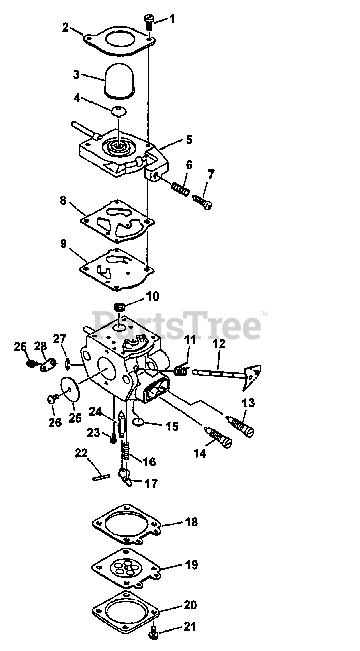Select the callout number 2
[65, 27]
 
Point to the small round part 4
[119, 110]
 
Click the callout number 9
[64, 244]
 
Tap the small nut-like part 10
[120, 308]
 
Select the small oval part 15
[139, 422]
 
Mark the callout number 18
[192, 522]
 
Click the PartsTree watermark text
[178, 326]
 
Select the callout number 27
[60, 339]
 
